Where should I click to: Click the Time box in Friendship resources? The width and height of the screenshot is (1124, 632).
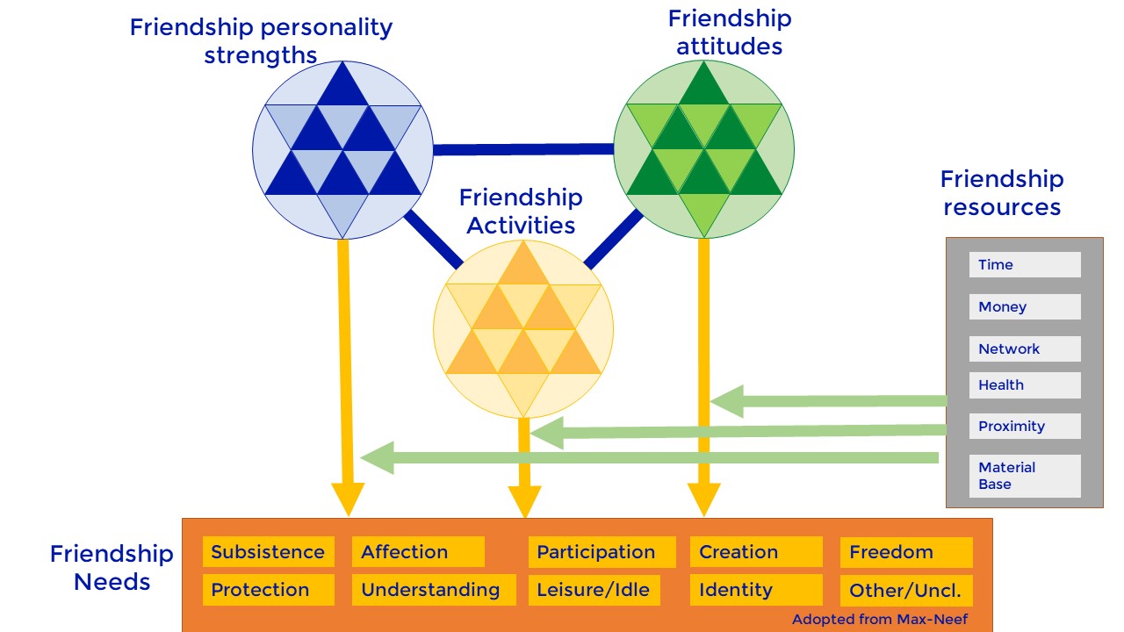[x=1024, y=265]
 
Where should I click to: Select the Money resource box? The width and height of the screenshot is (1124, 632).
[x=1024, y=307]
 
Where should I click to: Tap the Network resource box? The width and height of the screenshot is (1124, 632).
[x=1024, y=348]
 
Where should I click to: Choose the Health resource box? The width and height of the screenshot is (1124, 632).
[x=1024, y=385]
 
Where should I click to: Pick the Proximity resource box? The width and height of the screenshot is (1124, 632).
[x=1024, y=427]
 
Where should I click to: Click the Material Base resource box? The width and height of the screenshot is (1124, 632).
[x=1024, y=476]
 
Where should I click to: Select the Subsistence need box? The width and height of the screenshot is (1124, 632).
[x=269, y=552]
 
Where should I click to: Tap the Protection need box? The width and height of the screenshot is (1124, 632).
[x=269, y=590]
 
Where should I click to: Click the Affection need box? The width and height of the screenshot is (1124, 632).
[x=418, y=552]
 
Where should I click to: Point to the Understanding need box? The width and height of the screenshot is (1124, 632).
[x=430, y=590]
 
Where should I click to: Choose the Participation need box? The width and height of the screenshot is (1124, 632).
[x=602, y=552]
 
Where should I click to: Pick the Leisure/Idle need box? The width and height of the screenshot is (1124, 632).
[x=594, y=590]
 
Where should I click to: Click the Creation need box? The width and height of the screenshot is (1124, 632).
[x=756, y=552]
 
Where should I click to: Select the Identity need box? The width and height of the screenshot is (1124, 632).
[x=756, y=590]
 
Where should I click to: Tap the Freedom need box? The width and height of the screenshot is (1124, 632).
[x=906, y=552]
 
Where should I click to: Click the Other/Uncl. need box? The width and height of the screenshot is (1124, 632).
[x=906, y=590]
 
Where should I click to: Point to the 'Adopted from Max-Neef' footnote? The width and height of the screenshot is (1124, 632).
[x=879, y=620]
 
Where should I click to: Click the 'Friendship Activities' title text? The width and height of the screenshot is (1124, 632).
[x=521, y=212]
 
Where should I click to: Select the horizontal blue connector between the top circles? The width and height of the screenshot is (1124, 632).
[x=523, y=149]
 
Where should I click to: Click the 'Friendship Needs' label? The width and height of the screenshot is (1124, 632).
[x=112, y=568]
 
